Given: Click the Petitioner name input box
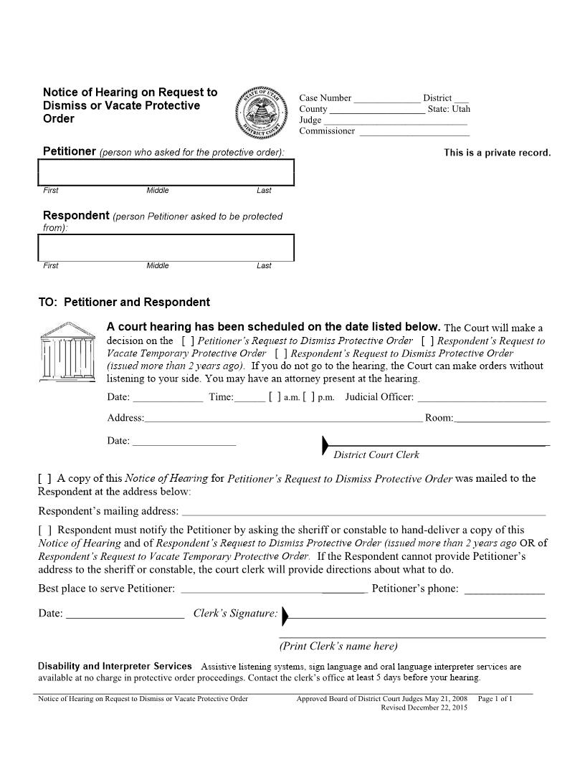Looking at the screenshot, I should (166, 172).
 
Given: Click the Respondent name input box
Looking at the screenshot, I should (166, 247).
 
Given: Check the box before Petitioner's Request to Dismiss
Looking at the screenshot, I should (188, 341).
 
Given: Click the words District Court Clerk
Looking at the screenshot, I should (376, 454).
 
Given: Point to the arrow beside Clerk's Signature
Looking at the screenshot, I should (285, 615).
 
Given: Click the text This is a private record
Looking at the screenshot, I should (497, 153).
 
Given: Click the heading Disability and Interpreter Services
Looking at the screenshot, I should (115, 666).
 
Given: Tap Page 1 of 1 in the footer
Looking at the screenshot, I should (495, 698).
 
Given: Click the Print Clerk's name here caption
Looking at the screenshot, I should (338, 646).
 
